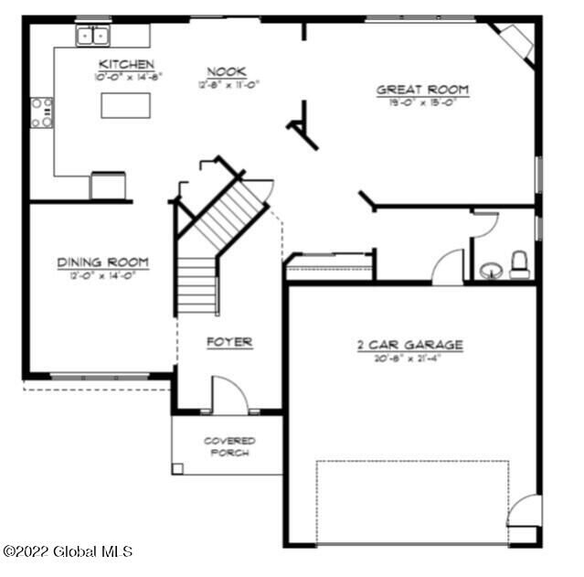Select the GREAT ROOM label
point(422,90)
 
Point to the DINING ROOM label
point(102,262)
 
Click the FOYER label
point(228,342)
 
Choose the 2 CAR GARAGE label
point(409,345)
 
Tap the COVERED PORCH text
point(229,446)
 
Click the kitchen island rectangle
point(124,106)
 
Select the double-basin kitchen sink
point(91,37)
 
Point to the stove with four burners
point(42,112)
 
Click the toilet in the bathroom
point(519,264)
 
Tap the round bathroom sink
point(490,270)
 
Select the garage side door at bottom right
point(525,512)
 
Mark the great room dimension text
point(422,102)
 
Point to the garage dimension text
point(409,358)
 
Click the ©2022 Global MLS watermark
point(68,551)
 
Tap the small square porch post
point(177,468)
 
